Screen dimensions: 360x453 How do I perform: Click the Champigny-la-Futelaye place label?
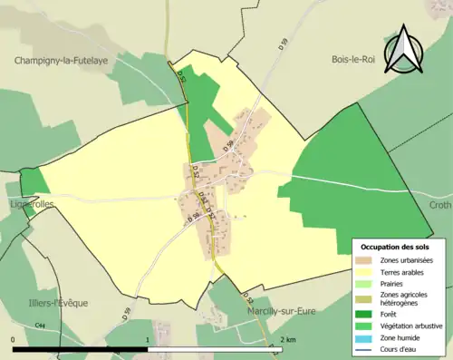pos(62,61)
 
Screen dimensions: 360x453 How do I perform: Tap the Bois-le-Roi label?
pos(352,61)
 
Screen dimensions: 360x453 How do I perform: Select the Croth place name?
pos(439,206)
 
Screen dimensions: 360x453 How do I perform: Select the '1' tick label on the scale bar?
pos(148,339)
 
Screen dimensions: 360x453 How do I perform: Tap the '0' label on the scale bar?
pos(14,339)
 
